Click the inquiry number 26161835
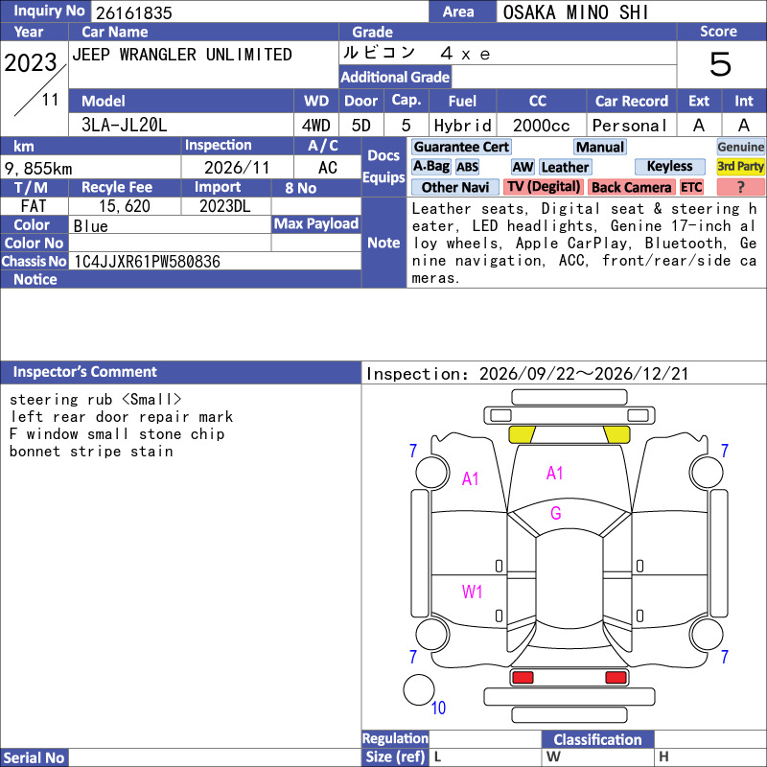pyautogui.click(x=134, y=12)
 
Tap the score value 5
pyautogui.click(x=721, y=64)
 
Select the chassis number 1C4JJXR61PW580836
pyautogui.click(x=147, y=262)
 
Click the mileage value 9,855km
pyautogui.click(x=38, y=169)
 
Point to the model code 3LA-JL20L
pyautogui.click(x=125, y=126)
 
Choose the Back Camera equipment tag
pyautogui.click(x=631, y=187)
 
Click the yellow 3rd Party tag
pyautogui.click(x=740, y=166)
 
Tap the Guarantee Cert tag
pyautogui.click(x=461, y=147)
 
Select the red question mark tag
pyautogui.click(x=740, y=187)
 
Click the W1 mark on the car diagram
pyautogui.click(x=472, y=592)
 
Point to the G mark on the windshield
pyautogui.click(x=556, y=513)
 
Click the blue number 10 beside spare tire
pyautogui.click(x=438, y=708)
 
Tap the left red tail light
pyautogui.click(x=523, y=678)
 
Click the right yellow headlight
pyautogui.click(x=616, y=434)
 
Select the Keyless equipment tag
pyautogui.click(x=669, y=166)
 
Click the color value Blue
pyautogui.click(x=90, y=226)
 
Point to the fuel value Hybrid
pyautogui.click(x=462, y=126)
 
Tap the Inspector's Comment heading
pyautogui.click(x=85, y=372)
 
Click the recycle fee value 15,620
pyautogui.click(x=125, y=206)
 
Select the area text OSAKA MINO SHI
pyautogui.click(x=576, y=12)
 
